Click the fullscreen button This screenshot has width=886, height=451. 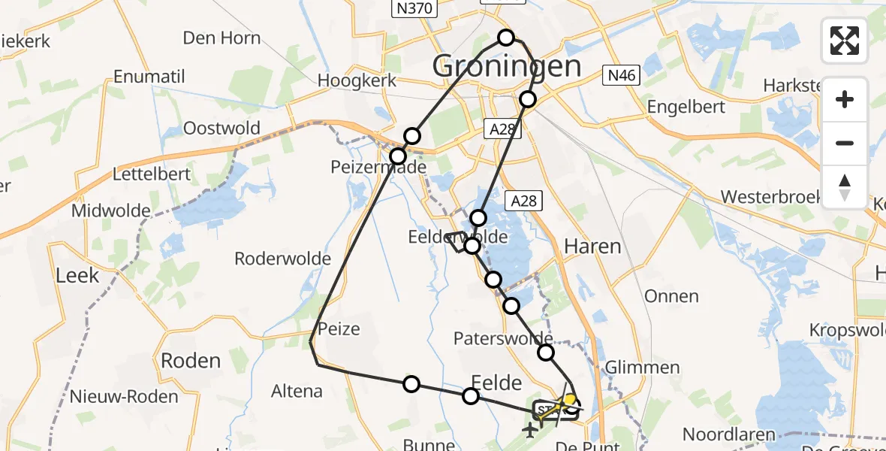(845, 41)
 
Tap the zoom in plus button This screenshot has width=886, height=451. (845, 99)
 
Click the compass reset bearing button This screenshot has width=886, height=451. (845, 187)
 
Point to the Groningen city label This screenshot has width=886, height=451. (506, 67)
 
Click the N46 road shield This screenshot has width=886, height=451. (621, 74)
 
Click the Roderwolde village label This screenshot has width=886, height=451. (282, 259)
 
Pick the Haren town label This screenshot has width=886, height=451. (592, 247)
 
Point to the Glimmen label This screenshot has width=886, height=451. (642, 368)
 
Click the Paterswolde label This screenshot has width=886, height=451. (503, 338)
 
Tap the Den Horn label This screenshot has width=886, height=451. (221, 38)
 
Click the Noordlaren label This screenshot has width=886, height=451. (728, 434)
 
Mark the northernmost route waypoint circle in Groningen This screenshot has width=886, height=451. (506, 38)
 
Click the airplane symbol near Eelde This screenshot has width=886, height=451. (531, 431)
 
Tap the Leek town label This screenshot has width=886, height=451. (77, 275)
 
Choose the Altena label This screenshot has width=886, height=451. (297, 391)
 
